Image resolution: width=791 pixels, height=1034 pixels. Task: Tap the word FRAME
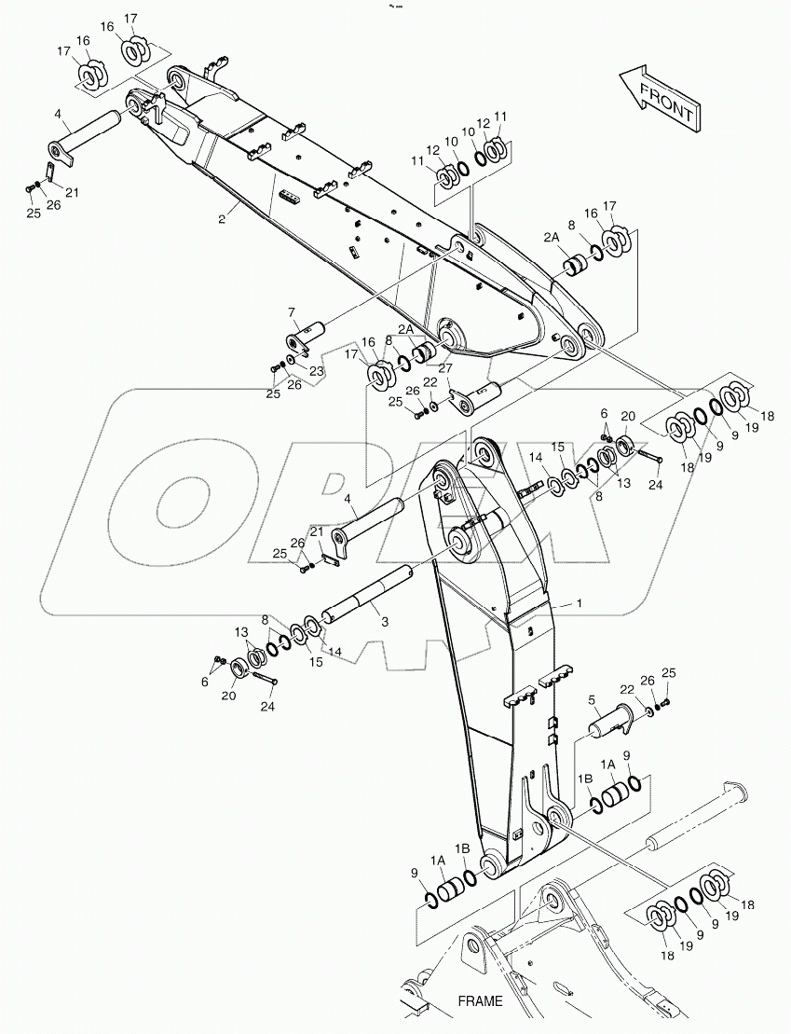[480, 1001]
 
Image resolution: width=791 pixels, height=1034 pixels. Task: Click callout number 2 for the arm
[222, 220]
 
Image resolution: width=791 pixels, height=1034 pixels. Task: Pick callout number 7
[291, 311]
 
